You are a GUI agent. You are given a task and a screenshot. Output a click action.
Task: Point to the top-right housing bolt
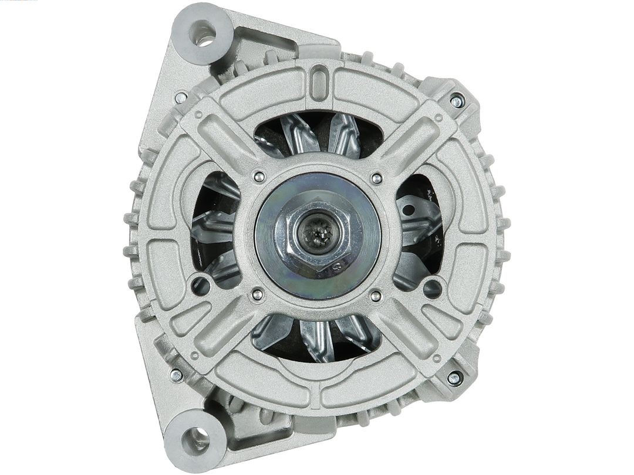pyautogui.click(x=457, y=101)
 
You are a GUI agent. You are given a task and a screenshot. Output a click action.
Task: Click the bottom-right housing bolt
pyautogui.click(x=454, y=378)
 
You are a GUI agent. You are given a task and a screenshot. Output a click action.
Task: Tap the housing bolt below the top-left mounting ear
pyautogui.click(x=181, y=97)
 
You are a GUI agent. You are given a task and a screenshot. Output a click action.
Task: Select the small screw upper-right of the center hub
pyautogui.click(x=377, y=178)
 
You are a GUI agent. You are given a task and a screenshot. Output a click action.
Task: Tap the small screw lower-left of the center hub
pyautogui.click(x=257, y=295)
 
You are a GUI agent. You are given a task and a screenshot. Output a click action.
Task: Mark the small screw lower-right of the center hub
pyautogui.click(x=375, y=296)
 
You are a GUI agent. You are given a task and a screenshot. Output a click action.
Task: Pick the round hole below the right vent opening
pyautogui.click(x=433, y=287)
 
